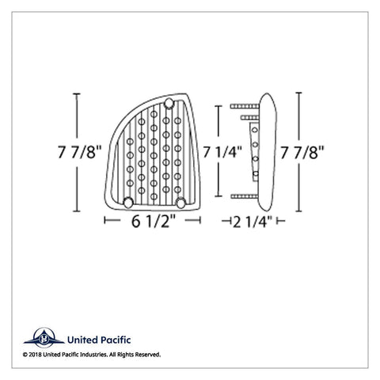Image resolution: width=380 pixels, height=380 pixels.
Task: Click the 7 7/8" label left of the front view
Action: coord(80,152)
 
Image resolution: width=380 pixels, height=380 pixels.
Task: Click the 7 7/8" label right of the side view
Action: coord(302,153)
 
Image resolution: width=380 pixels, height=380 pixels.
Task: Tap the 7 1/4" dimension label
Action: coord(222,152)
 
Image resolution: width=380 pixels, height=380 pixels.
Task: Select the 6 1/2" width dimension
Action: coord(154,221)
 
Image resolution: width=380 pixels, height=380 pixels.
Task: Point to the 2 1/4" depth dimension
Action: coord(253,222)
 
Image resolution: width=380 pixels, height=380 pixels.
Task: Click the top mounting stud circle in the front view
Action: coord(169,103)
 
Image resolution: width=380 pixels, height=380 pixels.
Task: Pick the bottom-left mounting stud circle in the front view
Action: coord(128,203)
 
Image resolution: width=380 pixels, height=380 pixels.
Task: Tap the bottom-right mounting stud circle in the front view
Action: coord(180,203)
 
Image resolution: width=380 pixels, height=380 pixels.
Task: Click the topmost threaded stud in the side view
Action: coord(245,106)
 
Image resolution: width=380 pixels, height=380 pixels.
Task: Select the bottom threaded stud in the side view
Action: coord(245,196)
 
